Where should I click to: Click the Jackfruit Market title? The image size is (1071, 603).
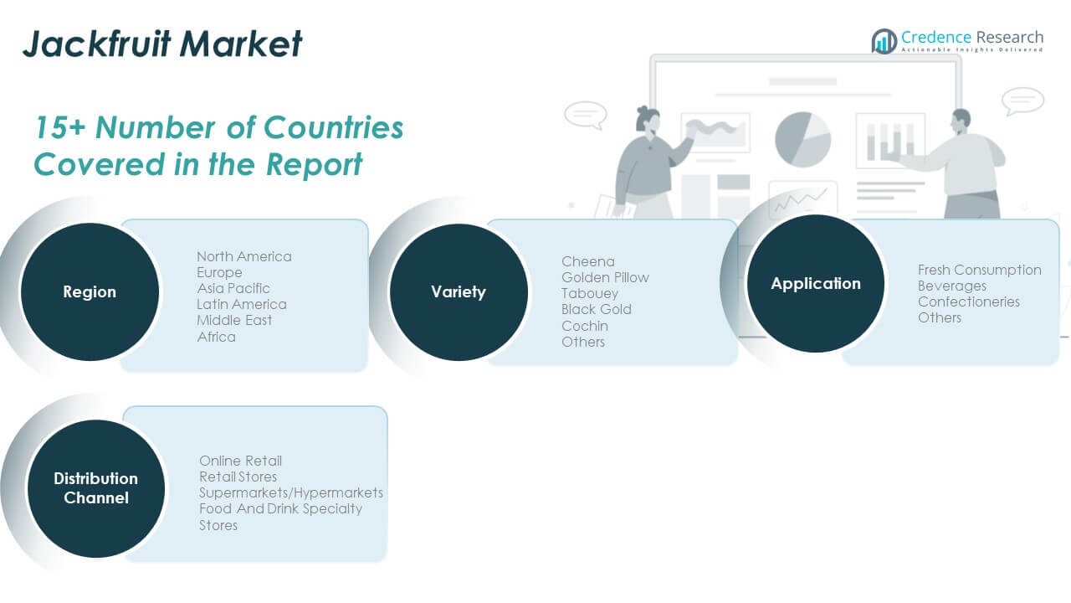pyautogui.click(x=162, y=44)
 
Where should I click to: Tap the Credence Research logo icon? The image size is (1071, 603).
pyautogui.click(x=884, y=41)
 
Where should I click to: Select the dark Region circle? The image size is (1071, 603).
pyautogui.click(x=90, y=291)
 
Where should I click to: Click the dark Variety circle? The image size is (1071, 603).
pyautogui.click(x=459, y=292)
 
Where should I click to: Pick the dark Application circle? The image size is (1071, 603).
pyautogui.click(x=816, y=283)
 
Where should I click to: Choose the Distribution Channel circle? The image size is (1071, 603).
pyautogui.click(x=96, y=488)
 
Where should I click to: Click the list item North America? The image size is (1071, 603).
pyautogui.click(x=243, y=256)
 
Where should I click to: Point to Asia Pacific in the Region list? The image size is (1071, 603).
pyautogui.click(x=233, y=289)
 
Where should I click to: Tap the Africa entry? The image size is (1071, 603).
pyautogui.click(x=216, y=337)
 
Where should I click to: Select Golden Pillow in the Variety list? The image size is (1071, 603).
pyautogui.click(x=605, y=277)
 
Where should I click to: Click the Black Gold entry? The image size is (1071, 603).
pyautogui.click(x=597, y=310)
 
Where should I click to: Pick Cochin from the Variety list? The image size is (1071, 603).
pyautogui.click(x=585, y=326)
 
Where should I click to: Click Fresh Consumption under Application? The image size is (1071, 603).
pyautogui.click(x=979, y=270)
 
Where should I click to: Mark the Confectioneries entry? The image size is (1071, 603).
pyautogui.click(x=969, y=302)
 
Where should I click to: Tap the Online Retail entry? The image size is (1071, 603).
pyautogui.click(x=240, y=461)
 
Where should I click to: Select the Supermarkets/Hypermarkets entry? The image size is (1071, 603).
pyautogui.click(x=291, y=493)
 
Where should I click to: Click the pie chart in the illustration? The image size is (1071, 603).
pyautogui.click(x=802, y=139)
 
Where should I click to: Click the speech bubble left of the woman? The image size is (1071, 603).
pyautogui.click(x=586, y=115)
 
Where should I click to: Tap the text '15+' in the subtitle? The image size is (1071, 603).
pyautogui.click(x=59, y=128)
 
